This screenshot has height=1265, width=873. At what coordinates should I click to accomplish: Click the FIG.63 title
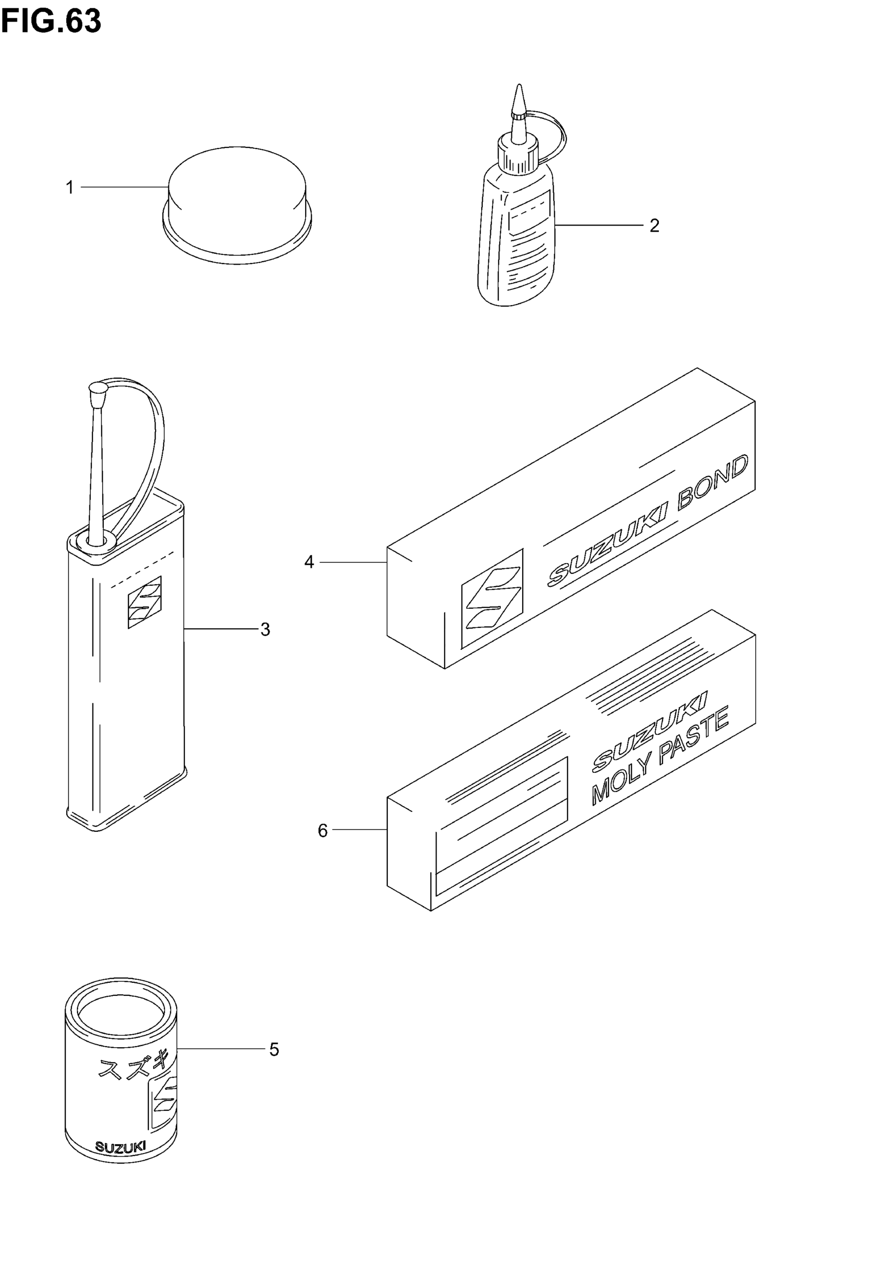51,22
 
